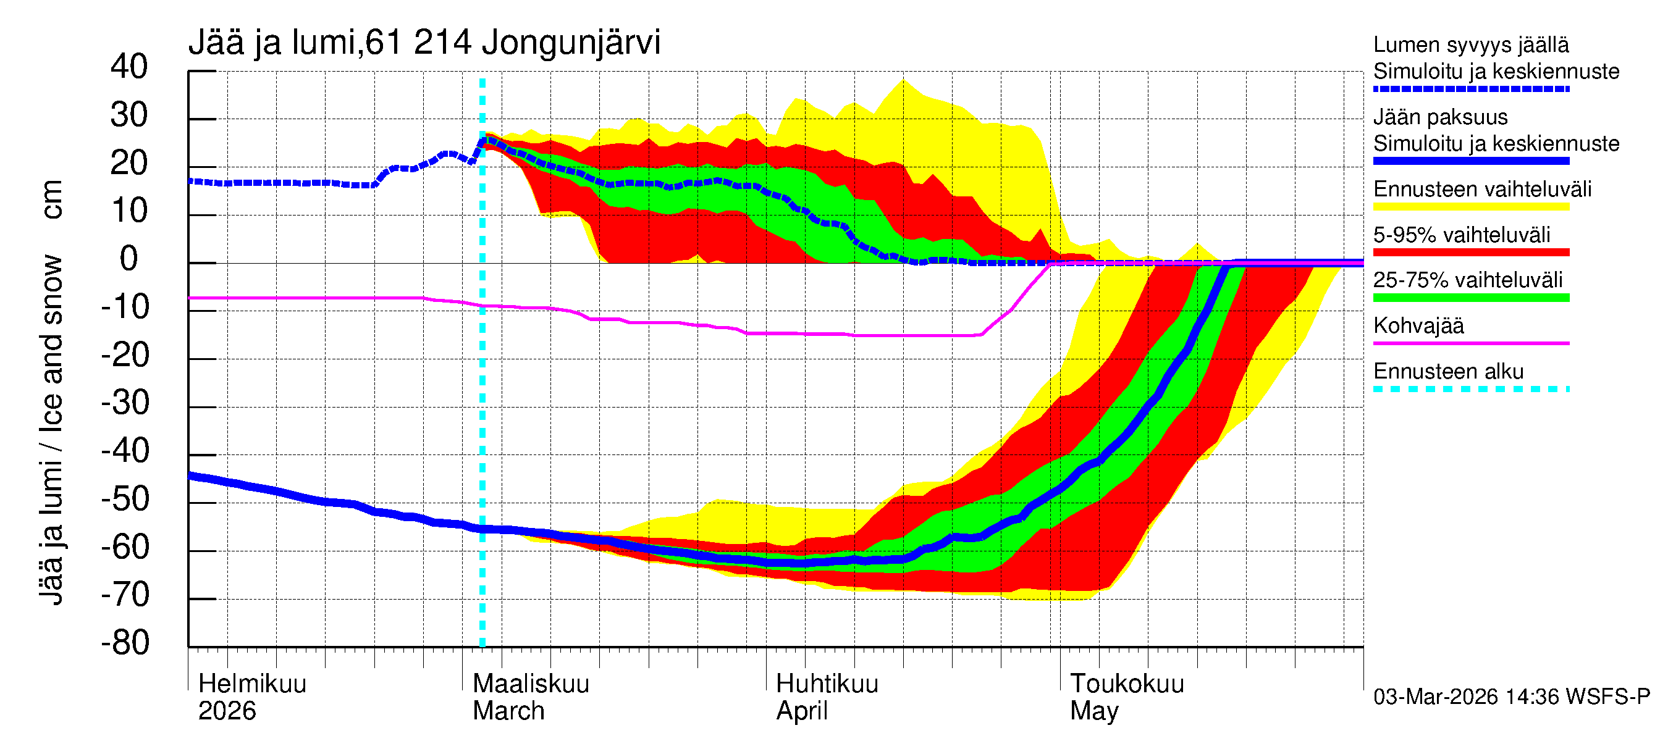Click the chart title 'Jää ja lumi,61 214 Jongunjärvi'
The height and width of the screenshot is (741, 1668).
424,43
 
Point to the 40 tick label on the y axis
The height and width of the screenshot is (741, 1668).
129,67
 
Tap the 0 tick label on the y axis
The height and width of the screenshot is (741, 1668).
129,259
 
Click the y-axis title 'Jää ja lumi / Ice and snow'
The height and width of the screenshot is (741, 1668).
51,430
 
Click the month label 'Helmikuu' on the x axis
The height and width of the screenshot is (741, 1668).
252,684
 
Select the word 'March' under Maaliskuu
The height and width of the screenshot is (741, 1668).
508,711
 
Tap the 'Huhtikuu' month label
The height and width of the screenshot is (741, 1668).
827,684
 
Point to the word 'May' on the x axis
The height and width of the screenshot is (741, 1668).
1093,711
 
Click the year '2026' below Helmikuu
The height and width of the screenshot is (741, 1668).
227,711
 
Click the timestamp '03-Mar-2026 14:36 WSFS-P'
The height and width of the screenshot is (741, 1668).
1511,697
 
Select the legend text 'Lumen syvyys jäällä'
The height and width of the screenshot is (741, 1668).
1470,44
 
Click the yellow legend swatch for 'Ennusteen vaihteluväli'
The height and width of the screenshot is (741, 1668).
1470,207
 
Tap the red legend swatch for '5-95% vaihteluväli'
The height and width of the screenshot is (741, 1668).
1470,253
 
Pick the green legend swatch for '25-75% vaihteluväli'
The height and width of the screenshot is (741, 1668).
1470,298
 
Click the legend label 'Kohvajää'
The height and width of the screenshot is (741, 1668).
1418,325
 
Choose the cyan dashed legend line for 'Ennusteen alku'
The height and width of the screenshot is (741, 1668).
1470,389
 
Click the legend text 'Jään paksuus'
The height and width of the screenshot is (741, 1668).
1440,117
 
